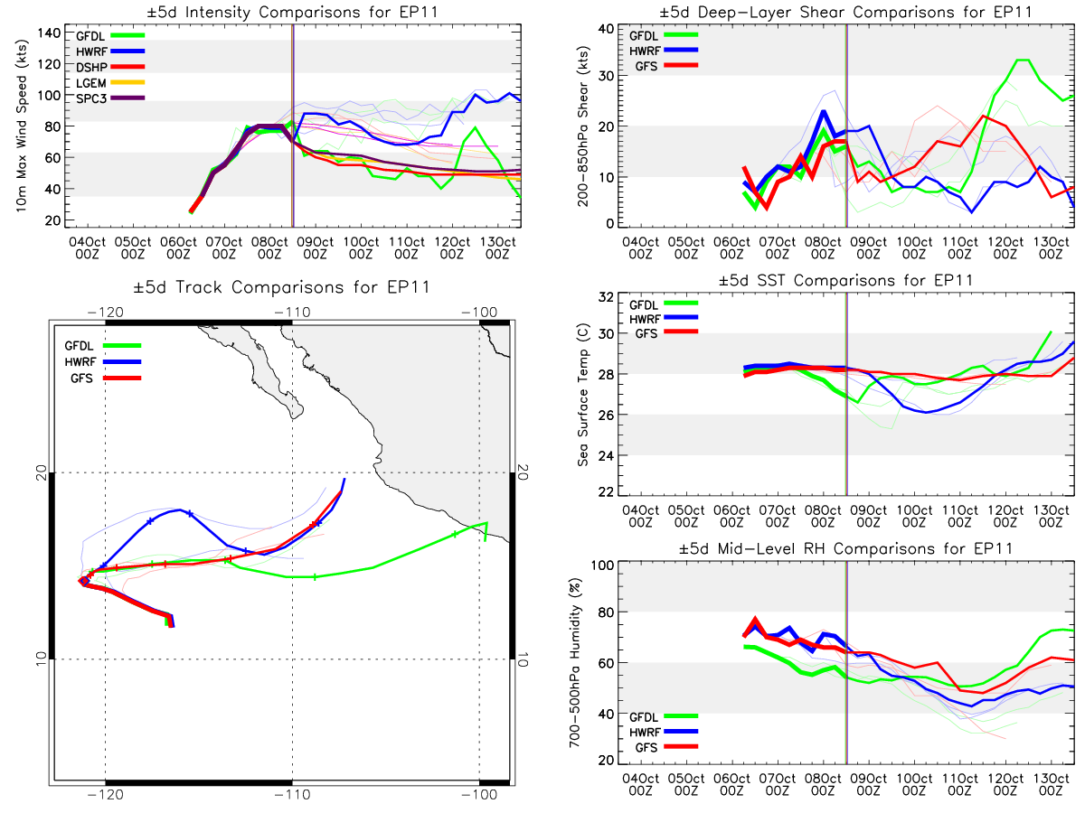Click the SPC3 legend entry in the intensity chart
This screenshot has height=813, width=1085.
(110, 98)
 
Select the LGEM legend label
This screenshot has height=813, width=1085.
(91, 83)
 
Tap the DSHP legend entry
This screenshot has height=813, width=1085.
(110, 67)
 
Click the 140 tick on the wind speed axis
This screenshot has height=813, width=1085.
(49, 33)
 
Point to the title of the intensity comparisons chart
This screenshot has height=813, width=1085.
(292, 12)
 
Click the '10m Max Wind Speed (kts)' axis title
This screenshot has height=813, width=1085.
(22, 126)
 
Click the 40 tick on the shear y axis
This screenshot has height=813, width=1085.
(606, 29)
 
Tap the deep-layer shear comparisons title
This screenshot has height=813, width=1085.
(845, 12)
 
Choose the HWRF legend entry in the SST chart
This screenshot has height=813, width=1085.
(664, 319)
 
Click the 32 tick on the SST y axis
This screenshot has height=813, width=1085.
(606, 296)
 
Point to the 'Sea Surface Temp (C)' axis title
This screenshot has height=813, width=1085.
(583, 395)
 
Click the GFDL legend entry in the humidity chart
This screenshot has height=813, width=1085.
(664, 716)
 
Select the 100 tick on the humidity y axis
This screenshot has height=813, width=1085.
(602, 565)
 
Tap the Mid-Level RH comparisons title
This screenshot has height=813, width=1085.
(845, 549)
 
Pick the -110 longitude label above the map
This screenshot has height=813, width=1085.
(292, 312)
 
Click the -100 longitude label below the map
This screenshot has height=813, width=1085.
(479, 795)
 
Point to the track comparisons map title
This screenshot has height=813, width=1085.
(281, 287)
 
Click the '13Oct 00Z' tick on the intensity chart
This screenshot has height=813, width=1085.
(498, 248)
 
